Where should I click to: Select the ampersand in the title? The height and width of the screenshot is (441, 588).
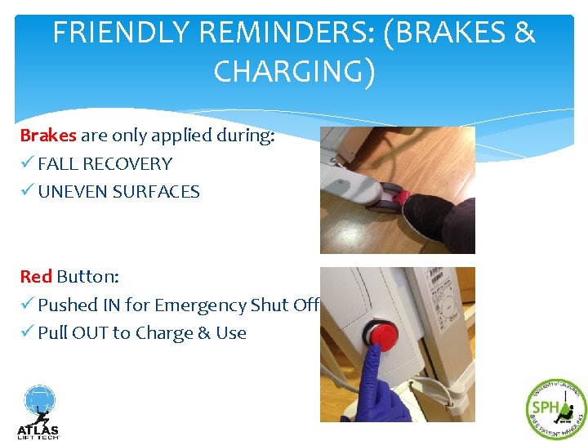pos(523,33)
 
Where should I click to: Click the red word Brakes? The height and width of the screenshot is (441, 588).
pos(48,136)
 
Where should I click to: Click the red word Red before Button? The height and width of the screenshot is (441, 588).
pos(36,277)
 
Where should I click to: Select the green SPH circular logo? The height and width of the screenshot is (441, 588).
pos(555,409)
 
